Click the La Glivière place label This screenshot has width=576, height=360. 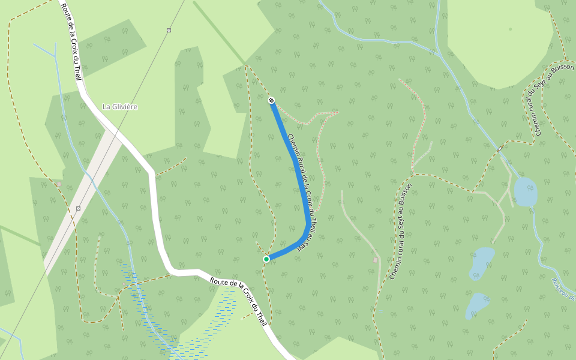(x=120, y=107)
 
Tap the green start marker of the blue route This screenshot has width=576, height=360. (x=266, y=259)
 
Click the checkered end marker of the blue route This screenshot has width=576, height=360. (x=271, y=100)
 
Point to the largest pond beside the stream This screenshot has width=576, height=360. (x=525, y=191)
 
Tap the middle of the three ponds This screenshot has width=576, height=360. (x=482, y=262)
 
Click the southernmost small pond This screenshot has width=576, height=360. (x=477, y=305)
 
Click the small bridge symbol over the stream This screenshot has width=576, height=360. (x=499, y=148)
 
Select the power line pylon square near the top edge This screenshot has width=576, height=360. (x=169, y=30)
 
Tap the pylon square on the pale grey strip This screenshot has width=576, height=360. (x=78, y=208)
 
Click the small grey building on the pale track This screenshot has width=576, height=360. (x=376, y=260)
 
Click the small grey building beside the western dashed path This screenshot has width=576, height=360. (x=59, y=184)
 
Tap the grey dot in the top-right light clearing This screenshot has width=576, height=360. (x=511, y=29)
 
